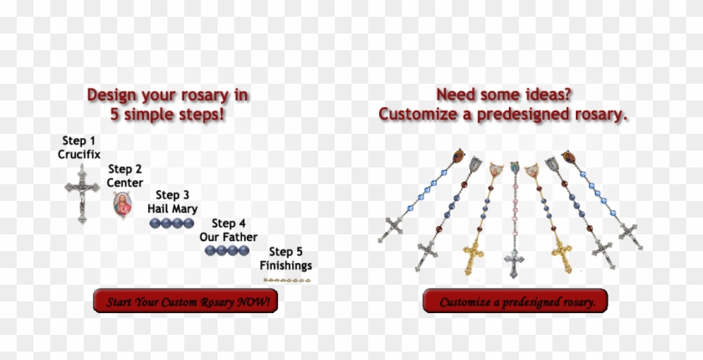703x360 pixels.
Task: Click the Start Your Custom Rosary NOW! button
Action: point(185,301)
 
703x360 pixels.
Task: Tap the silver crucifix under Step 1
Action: point(82,193)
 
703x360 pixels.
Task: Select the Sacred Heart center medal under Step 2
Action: point(122,205)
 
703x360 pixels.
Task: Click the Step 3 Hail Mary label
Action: point(172,202)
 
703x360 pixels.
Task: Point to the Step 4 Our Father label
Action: point(228,230)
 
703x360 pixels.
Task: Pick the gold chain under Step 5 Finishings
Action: point(287,280)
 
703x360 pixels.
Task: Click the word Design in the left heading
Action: point(111,95)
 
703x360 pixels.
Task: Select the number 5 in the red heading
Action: point(115,115)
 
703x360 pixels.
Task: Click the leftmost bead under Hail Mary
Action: point(155,223)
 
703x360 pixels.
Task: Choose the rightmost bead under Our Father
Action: point(244,250)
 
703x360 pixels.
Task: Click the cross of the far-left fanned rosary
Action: point(391,229)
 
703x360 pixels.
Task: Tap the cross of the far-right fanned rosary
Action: point(630,235)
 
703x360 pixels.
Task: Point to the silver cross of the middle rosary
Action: point(514,263)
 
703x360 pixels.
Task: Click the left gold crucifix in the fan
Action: point(473,256)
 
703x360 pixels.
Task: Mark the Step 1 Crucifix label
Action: point(79,147)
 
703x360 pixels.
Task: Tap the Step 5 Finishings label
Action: point(286,259)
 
